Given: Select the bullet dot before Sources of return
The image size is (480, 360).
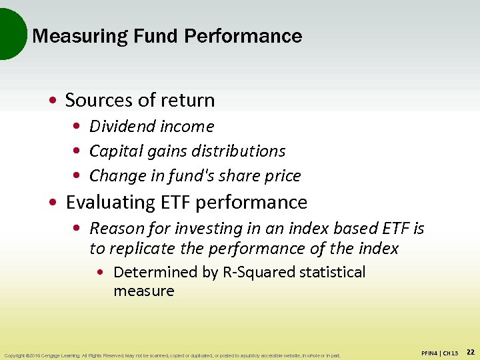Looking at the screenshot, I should (53, 101).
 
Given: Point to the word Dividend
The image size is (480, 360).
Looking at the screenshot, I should (116, 126).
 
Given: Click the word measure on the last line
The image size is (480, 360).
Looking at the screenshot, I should (143, 291).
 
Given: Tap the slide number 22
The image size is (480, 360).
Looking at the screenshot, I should (470, 351).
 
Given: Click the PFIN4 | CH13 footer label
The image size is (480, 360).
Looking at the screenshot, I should (440, 353).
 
